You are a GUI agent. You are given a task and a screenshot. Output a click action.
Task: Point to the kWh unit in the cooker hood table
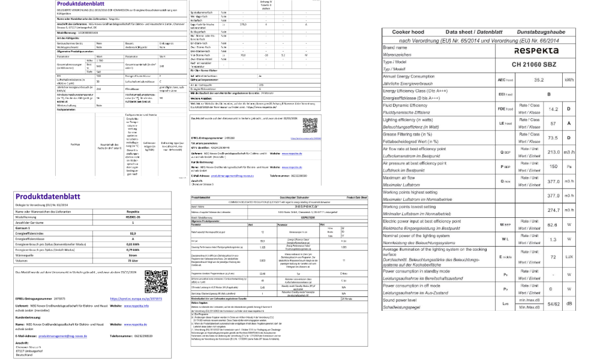[568, 79]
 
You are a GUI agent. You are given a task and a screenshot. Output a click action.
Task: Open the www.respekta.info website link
[138, 306]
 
